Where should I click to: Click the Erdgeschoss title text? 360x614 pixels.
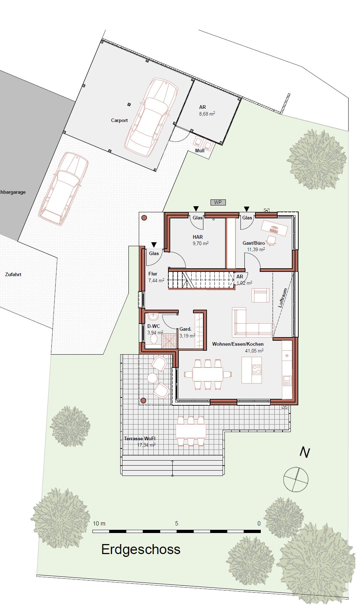tap(141, 549)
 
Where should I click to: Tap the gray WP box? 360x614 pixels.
tap(218, 202)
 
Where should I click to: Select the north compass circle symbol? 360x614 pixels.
tap(296, 479)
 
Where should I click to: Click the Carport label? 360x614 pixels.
tap(119, 120)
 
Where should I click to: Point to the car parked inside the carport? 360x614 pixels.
tap(151, 118)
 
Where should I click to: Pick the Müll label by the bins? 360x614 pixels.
tap(200, 151)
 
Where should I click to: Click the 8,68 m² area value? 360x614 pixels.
tap(207, 114)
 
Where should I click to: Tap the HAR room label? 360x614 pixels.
tap(198, 237)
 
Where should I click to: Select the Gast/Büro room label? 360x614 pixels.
tap(254, 243)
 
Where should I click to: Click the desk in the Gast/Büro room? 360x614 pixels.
tap(275, 228)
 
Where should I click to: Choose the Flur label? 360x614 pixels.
tap(153, 274)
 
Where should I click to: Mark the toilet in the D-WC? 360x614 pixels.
tap(154, 339)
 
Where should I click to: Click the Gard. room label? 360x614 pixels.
tap(186, 329)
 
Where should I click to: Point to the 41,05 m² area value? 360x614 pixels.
tap(254, 351)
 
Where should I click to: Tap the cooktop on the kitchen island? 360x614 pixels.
tap(257, 370)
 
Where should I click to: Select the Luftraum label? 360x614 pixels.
tap(283, 298)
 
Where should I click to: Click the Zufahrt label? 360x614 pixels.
tap(13, 274)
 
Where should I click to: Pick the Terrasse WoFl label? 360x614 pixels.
tap(140, 438)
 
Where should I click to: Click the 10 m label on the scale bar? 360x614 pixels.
tap(99, 523)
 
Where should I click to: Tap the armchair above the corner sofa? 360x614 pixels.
tap(260, 295)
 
